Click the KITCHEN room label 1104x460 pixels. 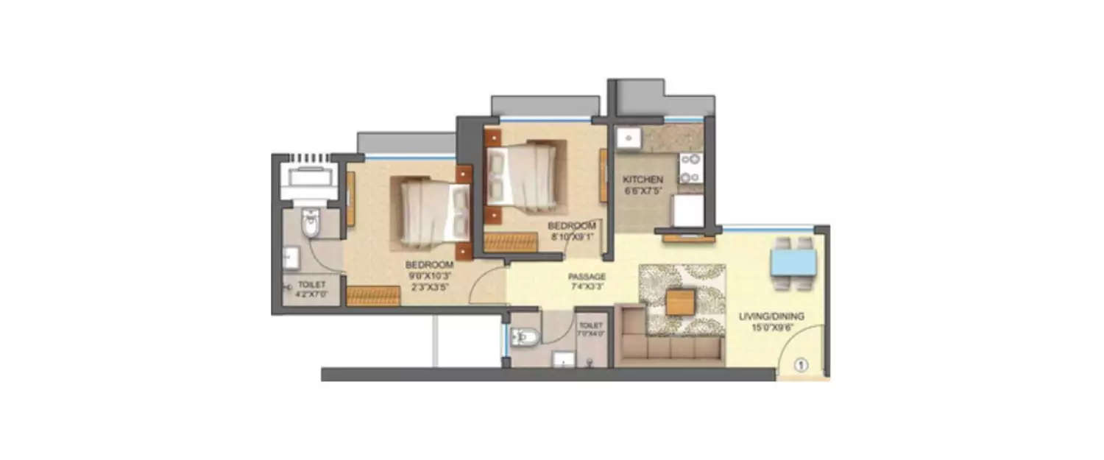click(x=643, y=180)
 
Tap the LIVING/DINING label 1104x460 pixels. click(x=771, y=316)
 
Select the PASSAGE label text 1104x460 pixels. click(x=587, y=277)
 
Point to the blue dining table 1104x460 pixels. click(x=793, y=261)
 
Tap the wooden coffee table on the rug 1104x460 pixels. click(x=681, y=302)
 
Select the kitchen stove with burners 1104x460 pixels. click(x=690, y=169)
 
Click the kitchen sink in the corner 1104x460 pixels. click(x=627, y=138)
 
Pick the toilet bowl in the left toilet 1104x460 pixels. click(x=311, y=224)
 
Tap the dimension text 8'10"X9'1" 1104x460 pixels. click(x=571, y=237)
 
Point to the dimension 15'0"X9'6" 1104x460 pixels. click(x=771, y=328)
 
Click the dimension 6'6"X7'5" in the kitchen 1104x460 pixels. click(x=643, y=191)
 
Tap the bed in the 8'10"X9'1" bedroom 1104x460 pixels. click(x=520, y=173)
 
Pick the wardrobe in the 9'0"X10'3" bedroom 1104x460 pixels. click(x=372, y=296)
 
